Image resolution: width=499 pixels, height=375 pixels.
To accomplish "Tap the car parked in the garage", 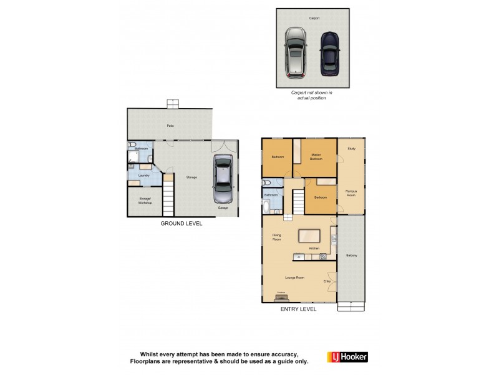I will (223, 182).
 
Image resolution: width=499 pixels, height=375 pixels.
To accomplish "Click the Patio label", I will (170, 126).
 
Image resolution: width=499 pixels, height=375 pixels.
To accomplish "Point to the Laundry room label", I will (143, 176).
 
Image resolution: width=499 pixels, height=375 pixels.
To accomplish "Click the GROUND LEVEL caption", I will (181, 223).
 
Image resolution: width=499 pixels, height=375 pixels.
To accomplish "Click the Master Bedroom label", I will (316, 157).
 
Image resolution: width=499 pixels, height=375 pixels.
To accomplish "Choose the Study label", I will (351, 148).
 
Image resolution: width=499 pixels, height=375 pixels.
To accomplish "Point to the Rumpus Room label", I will (351, 193).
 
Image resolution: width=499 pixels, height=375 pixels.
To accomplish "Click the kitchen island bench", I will (310, 236).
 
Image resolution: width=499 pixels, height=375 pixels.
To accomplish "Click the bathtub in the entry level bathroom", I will (267, 205).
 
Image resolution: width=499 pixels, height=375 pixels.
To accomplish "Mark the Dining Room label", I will (277, 237).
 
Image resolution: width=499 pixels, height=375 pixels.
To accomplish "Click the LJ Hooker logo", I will (347, 357).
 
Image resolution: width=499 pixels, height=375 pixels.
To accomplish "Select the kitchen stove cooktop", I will (323, 256).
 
